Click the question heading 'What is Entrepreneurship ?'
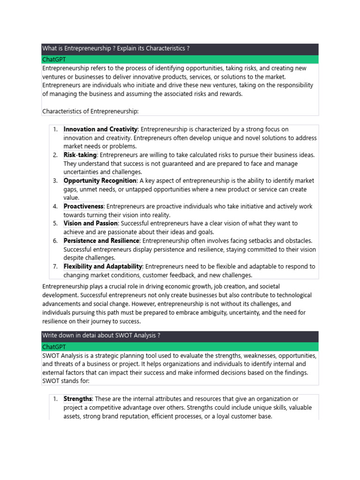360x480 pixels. [116, 49]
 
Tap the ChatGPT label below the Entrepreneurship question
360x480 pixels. [54, 60]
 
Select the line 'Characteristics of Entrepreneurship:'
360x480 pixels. [90, 111]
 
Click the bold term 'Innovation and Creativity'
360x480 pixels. [100, 129]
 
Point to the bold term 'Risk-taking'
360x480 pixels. [80, 155]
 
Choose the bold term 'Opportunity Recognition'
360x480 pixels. [100, 181]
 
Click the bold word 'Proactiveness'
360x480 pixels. [83, 207]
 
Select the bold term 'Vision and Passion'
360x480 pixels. [90, 224]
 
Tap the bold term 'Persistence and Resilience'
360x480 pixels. [101, 241]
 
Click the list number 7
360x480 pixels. [55, 267]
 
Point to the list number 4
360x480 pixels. [55, 207]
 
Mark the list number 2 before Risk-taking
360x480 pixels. [55, 155]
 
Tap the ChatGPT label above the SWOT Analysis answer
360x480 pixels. [54, 347]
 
